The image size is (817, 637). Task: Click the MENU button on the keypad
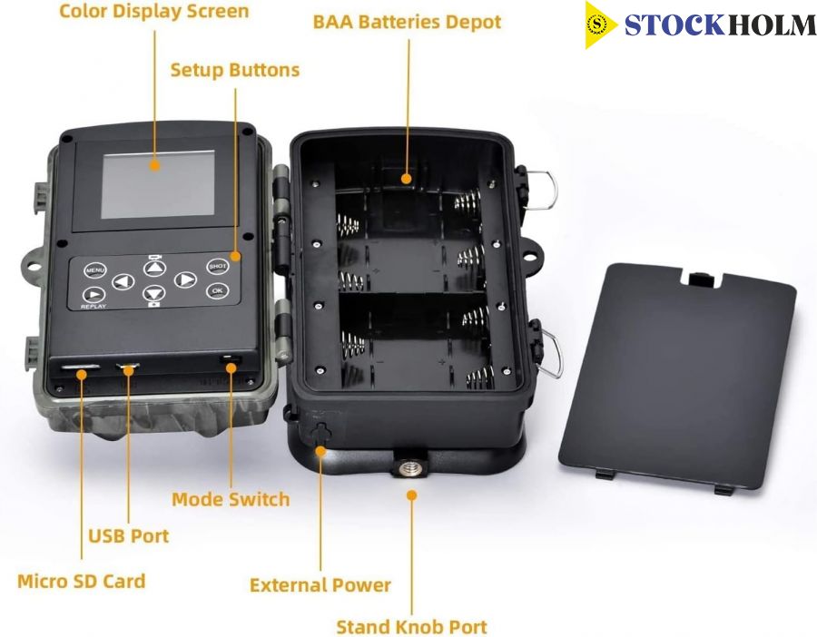pos(94,270)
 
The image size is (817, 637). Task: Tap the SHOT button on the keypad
pos(218,266)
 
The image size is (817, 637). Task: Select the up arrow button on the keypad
pos(154,268)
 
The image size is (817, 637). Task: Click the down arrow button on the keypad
pos(154,293)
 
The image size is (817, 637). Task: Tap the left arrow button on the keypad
pos(123,282)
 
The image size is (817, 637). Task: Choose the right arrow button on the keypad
pos(185,279)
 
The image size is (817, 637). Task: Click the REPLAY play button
pos(94,295)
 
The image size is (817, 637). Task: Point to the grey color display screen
pos(158,184)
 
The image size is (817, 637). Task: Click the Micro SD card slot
pos(80,367)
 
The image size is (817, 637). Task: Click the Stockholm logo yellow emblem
pos(599,24)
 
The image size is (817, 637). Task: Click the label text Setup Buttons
pos(235,70)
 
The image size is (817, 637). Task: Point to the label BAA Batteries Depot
pos(407,23)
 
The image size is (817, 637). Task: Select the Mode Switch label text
pos(231,499)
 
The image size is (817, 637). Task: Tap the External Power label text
pos(320,585)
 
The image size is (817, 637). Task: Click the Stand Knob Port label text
pos(411,627)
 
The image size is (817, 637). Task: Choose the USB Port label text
pos(129,536)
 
